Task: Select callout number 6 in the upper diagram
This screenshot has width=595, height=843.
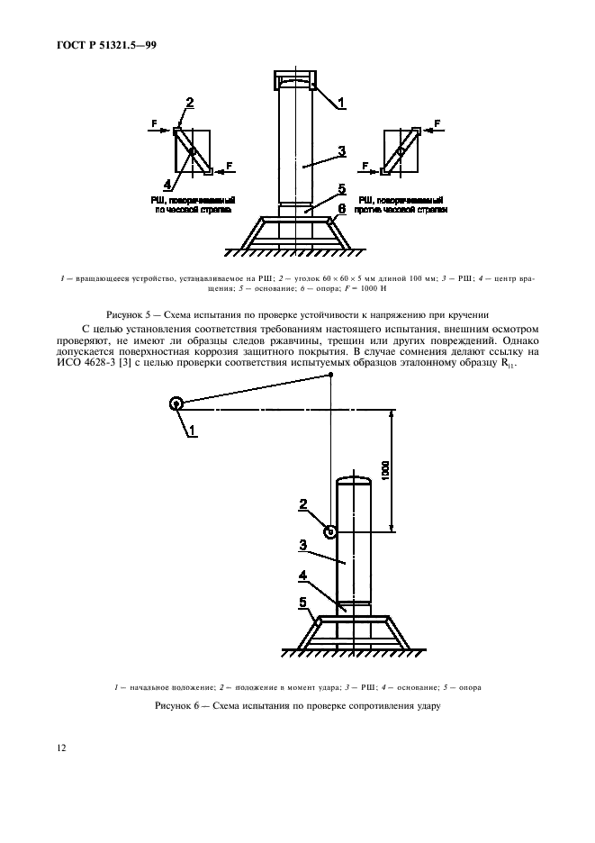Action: tap(343, 206)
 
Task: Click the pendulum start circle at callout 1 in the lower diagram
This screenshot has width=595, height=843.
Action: tap(176, 404)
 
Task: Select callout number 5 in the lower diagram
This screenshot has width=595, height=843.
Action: tap(302, 601)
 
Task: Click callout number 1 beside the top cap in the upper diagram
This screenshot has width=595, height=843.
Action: tap(342, 104)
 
